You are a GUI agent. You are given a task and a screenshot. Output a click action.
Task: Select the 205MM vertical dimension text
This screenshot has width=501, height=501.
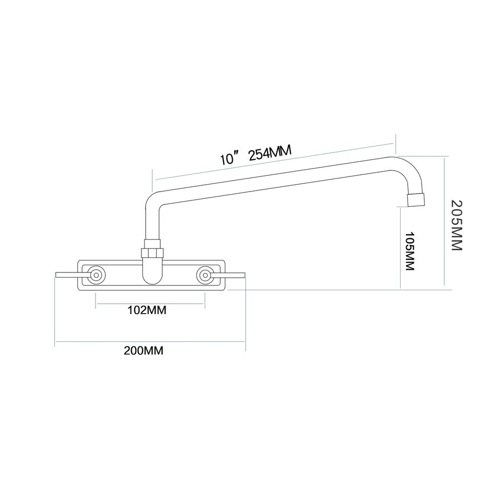(x=457, y=225)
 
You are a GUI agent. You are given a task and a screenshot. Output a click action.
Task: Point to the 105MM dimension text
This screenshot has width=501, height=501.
(x=410, y=251)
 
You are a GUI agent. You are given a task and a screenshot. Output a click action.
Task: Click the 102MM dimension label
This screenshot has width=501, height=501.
(x=147, y=311)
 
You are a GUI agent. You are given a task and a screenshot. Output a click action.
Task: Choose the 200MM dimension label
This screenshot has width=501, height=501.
(x=144, y=350)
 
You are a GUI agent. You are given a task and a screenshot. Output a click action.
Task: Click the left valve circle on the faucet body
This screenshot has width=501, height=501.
(x=96, y=275)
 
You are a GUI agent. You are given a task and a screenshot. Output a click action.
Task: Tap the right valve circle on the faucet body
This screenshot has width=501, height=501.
(x=205, y=275)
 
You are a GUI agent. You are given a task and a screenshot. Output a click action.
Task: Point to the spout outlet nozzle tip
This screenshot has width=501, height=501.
(x=415, y=199)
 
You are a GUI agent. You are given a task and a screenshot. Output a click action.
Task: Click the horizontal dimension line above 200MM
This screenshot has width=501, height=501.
(x=150, y=342)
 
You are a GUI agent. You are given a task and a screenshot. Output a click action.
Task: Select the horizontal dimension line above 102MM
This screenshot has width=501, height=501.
(x=150, y=303)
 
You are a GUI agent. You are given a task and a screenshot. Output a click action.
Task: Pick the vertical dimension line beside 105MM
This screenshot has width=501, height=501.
(x=400, y=245)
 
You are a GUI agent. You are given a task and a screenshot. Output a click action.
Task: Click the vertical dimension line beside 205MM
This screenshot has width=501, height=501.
(x=444, y=222)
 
